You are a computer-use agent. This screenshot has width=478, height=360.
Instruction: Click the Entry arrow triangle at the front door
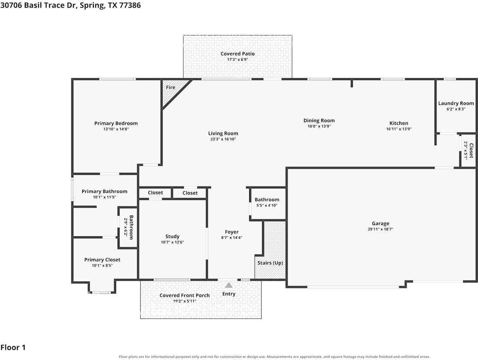click(x=228, y=285)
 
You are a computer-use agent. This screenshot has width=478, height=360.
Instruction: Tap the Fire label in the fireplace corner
click(x=171, y=87)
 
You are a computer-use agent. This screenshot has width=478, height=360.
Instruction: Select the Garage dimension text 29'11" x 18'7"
click(x=380, y=229)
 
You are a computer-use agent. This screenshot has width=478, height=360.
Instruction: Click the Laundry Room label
click(x=456, y=103)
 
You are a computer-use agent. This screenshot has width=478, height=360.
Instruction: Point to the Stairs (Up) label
click(x=270, y=263)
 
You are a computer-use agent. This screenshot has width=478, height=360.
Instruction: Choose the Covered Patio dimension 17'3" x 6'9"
click(x=237, y=59)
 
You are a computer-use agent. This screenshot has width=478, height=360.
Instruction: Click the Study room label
click(x=172, y=237)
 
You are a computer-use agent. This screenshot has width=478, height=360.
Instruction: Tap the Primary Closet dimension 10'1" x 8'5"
click(x=102, y=265)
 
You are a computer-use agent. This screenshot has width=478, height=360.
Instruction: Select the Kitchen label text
click(x=399, y=123)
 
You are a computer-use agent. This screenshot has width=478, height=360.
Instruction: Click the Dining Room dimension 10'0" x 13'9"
click(x=319, y=126)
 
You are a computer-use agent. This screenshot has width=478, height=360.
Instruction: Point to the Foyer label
click(x=232, y=232)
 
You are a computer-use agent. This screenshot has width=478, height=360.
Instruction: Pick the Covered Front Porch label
click(x=185, y=295)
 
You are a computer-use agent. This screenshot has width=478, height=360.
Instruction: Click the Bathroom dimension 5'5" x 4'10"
click(x=267, y=205)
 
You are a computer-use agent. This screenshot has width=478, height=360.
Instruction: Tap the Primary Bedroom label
click(x=116, y=123)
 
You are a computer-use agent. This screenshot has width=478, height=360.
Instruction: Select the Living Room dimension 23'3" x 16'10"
click(x=223, y=139)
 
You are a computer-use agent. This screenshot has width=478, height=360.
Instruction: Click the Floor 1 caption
click(x=13, y=348)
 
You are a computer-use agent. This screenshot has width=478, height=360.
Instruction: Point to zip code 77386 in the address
click(x=130, y=5)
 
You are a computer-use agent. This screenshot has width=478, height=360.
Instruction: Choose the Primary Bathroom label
click(x=104, y=192)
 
